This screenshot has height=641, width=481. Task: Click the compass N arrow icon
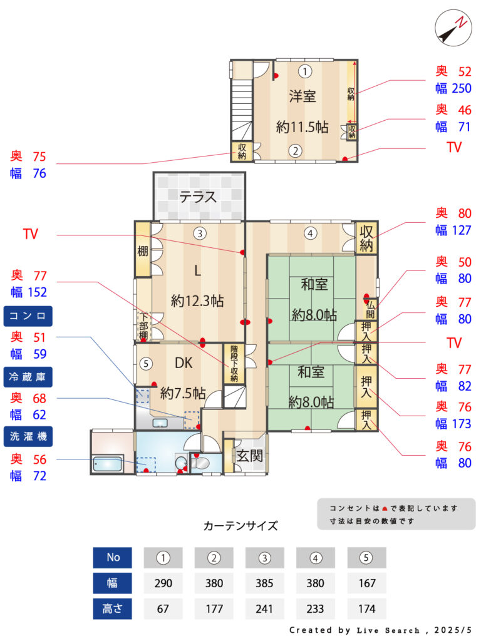coord(453,28)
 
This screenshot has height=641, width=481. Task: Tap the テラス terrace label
coord(198,197)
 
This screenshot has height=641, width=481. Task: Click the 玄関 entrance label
coord(249,456)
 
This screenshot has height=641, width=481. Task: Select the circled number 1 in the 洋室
coord(304,71)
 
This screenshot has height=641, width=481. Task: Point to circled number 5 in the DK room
coord(146,364)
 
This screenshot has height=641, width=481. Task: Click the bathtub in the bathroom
coord(107,464)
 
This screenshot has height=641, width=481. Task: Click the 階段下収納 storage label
coord(234,364)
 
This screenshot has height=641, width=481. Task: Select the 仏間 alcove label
coord(370,309)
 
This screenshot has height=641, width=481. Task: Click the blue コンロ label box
coord(28,316)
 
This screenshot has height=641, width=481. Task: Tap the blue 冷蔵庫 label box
coord(28,377)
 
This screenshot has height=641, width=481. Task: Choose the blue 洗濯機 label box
coord(28,436)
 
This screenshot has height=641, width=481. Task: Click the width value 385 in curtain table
coord(264,583)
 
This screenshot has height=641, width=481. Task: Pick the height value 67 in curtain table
coord(163,608)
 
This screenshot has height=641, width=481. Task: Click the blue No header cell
coord(113,558)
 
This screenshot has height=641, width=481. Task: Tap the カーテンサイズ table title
coord(240,526)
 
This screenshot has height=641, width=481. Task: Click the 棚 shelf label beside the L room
coord(142,250)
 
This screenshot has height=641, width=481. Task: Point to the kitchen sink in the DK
coord(160,423)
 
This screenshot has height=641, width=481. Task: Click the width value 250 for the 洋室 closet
coord(462,88)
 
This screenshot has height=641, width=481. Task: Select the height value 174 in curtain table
coord(366,608)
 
